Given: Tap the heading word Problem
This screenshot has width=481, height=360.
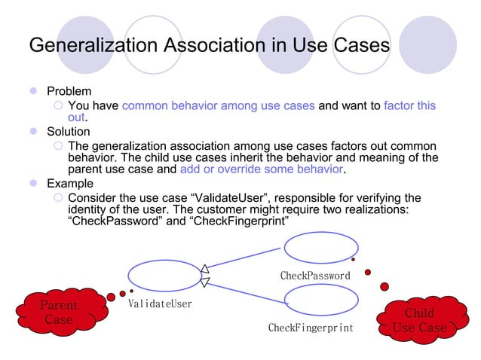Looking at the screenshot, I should pyautogui.click(x=69, y=91).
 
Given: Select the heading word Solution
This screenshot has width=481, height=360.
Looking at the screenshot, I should pyautogui.click(x=69, y=132).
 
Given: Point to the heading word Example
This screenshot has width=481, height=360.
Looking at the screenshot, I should pyautogui.click(x=70, y=184).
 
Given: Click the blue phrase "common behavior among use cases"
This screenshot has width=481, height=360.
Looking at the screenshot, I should pyautogui.click(x=218, y=105).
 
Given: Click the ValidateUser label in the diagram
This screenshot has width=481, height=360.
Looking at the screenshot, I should pyautogui.click(x=159, y=304).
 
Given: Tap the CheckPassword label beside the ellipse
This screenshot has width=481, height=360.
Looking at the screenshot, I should pyautogui.click(x=315, y=276).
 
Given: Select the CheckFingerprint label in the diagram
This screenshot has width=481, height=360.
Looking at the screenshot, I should pyautogui.click(x=311, y=328).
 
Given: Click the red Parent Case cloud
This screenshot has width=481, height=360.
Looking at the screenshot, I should pyautogui.click(x=59, y=313).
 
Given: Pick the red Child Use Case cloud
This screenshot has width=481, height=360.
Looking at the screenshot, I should pyautogui.click(x=420, y=320).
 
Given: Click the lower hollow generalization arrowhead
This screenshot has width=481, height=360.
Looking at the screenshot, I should pyautogui.click(x=205, y=282).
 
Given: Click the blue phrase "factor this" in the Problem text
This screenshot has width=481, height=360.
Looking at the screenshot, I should pyautogui.click(x=409, y=105).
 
